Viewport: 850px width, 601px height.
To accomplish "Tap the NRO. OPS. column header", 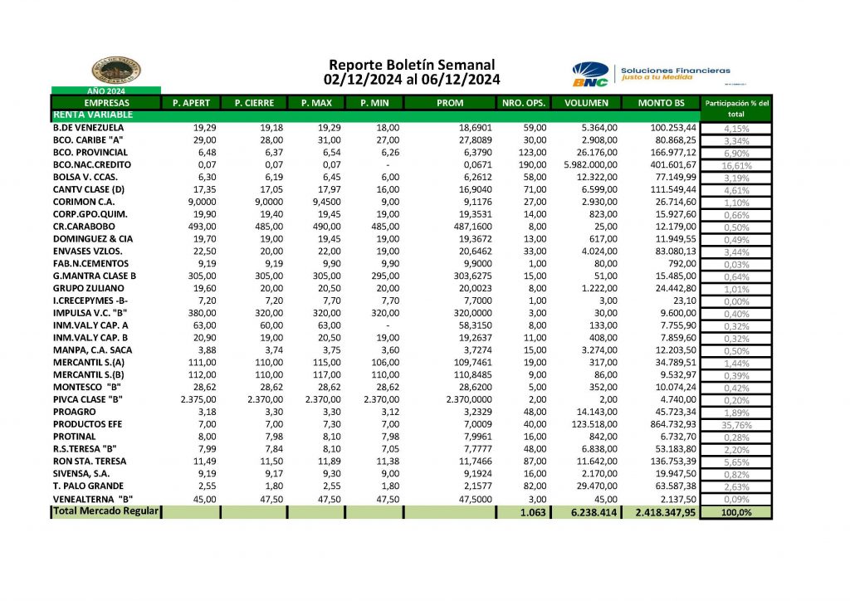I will [x=524, y=103].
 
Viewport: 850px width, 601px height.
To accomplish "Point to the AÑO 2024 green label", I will [x=105, y=90].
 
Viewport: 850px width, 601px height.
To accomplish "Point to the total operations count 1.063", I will [x=531, y=512].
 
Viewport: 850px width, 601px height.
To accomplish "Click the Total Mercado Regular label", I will [x=105, y=511].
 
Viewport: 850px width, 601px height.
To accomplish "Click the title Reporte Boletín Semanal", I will [x=412, y=65].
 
